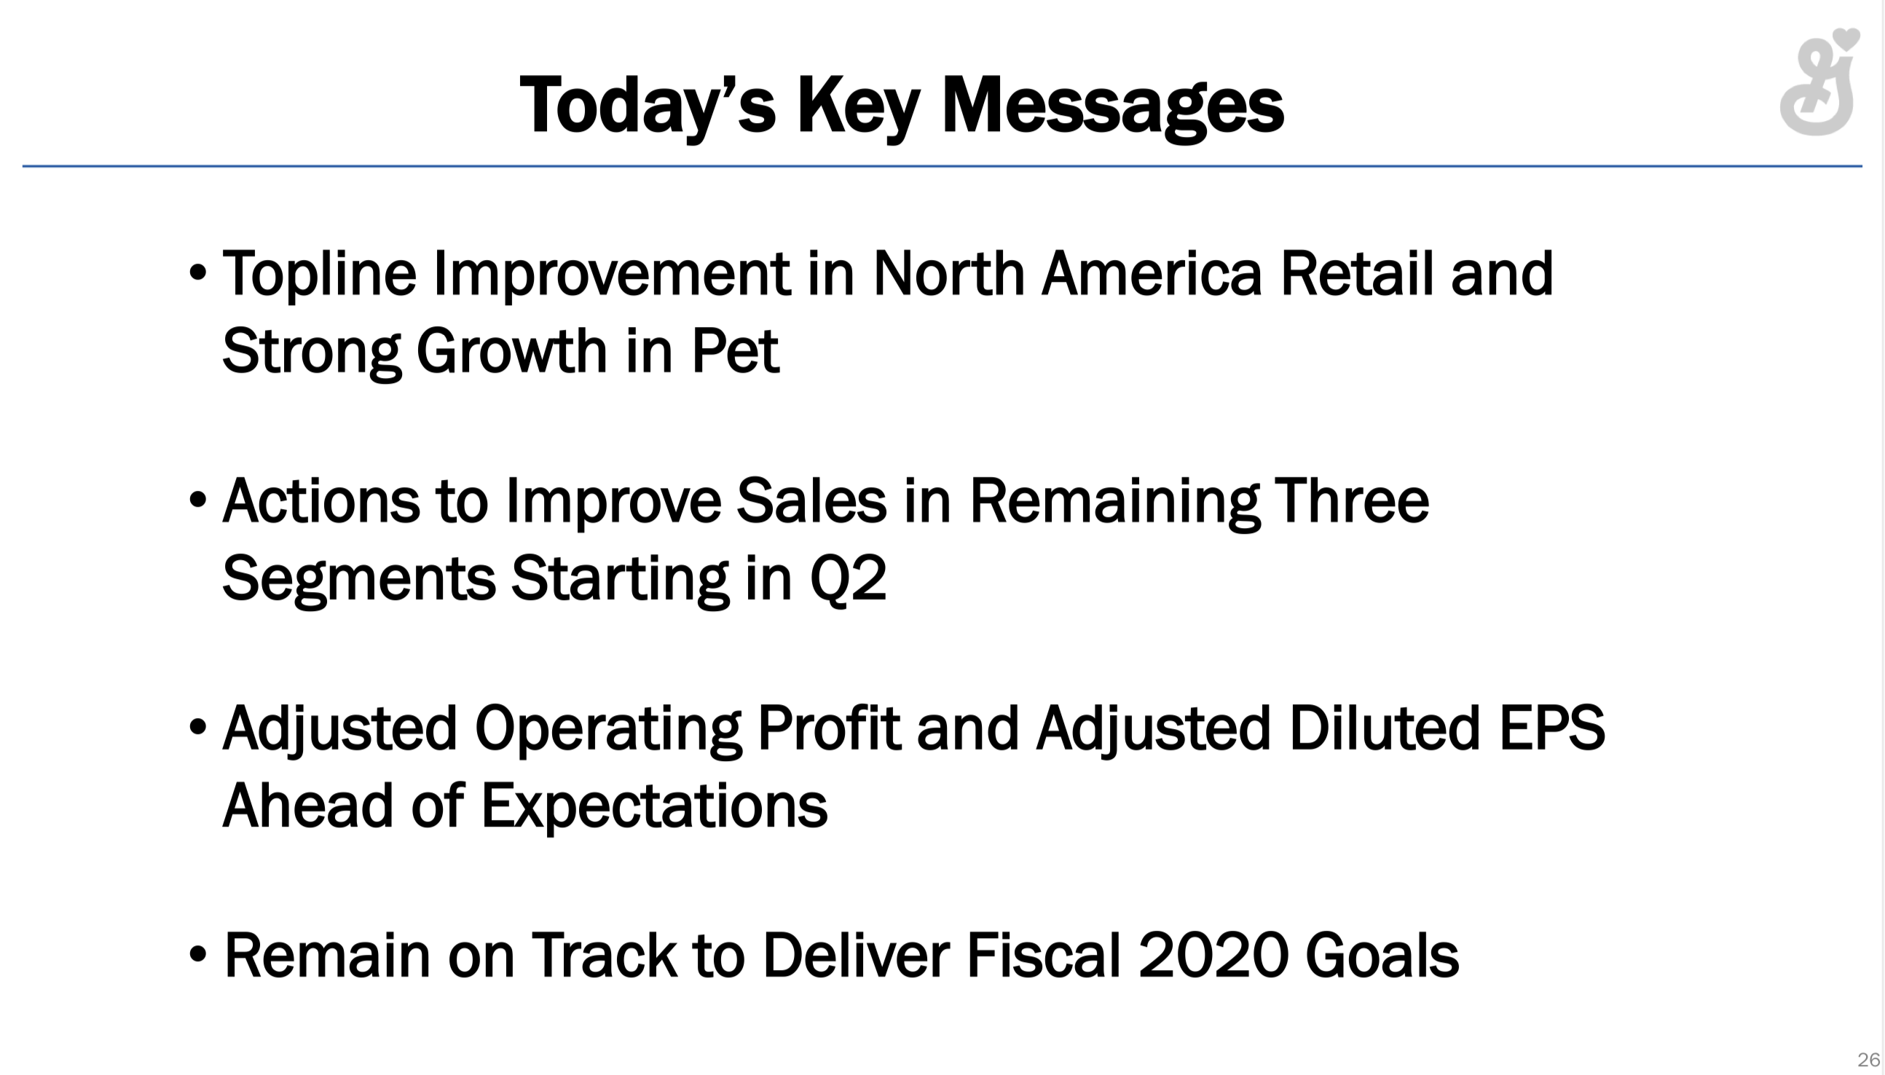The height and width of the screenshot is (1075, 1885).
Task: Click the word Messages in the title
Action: point(1113,106)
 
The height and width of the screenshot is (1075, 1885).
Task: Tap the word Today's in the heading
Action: point(648,106)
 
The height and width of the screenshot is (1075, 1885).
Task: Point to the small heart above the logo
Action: point(1846,38)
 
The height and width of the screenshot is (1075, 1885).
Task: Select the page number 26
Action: point(1868,1060)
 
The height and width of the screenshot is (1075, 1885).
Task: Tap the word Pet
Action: point(735,351)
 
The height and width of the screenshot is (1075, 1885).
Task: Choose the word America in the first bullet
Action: point(1151,273)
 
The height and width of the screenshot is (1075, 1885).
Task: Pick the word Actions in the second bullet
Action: point(320,501)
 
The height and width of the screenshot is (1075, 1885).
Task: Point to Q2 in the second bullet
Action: point(848,578)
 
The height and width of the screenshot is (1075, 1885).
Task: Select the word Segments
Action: point(359,580)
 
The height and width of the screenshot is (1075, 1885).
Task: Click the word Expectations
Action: point(654,806)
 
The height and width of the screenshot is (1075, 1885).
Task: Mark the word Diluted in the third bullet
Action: point(1385,728)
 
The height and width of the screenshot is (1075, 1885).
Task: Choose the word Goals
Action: point(1382,956)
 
